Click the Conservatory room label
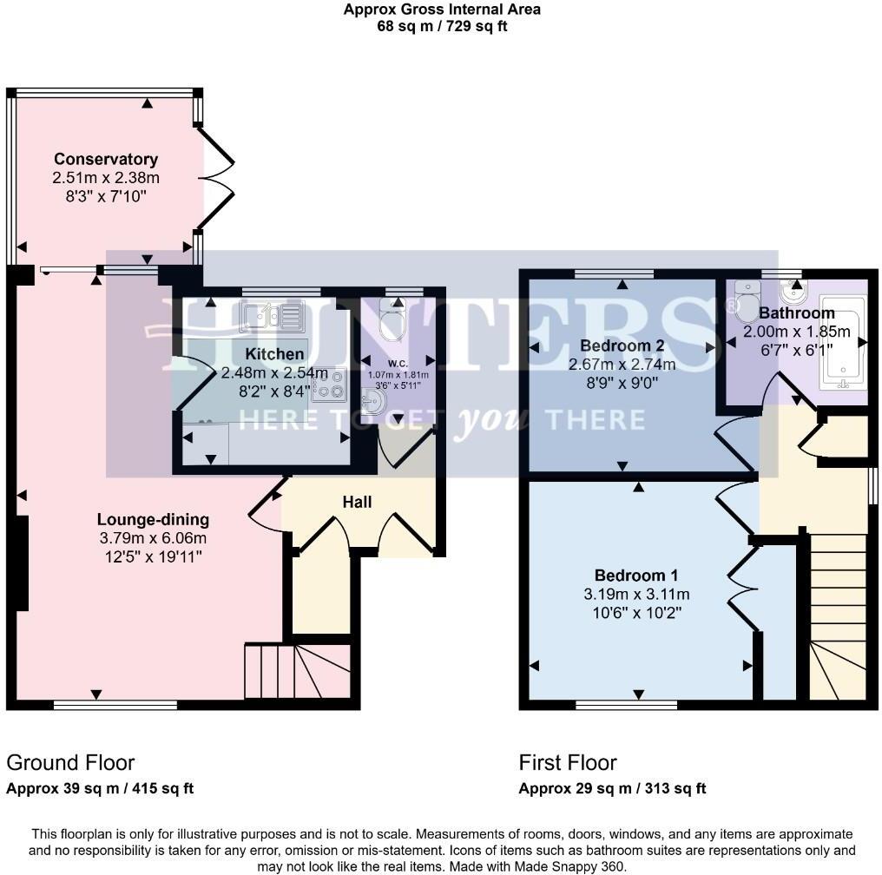[x=106, y=159]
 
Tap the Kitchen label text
[x=274, y=354]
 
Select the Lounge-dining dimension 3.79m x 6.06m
[x=153, y=538]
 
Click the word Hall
[x=357, y=503]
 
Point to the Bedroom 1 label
[x=635, y=576]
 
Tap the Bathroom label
[x=796, y=312]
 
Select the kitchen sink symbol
[x=272, y=316]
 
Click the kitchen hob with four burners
[x=330, y=385]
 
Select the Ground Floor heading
[x=70, y=762]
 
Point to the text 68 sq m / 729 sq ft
[x=441, y=26]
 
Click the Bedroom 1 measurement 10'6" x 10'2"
[x=635, y=611]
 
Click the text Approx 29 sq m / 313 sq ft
[x=612, y=788]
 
